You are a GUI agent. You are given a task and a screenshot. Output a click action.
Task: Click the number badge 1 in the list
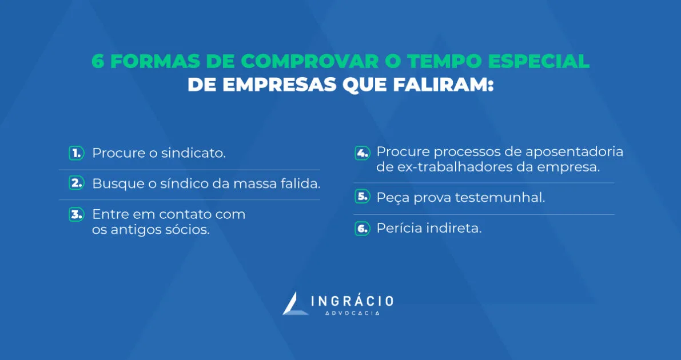[x=76, y=153]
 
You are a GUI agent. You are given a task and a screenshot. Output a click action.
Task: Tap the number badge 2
[x=76, y=183]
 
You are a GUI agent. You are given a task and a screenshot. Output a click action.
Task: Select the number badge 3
[x=76, y=214]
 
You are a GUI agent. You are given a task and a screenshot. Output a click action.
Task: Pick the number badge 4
[x=362, y=153]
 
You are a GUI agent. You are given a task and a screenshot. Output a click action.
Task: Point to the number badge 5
[x=362, y=197]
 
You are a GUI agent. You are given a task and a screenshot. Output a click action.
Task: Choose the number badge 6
[x=362, y=229]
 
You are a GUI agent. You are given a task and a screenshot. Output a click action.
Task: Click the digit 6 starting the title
[x=98, y=61]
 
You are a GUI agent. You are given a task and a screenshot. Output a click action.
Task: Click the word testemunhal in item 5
[x=500, y=198]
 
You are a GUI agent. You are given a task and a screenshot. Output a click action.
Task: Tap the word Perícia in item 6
[x=394, y=229]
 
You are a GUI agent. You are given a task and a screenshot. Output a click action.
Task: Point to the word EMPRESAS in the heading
[x=281, y=85]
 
